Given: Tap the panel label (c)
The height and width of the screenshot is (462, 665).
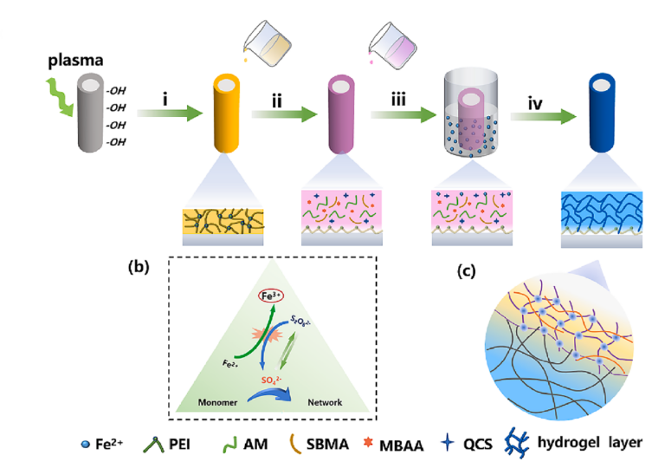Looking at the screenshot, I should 468,270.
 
